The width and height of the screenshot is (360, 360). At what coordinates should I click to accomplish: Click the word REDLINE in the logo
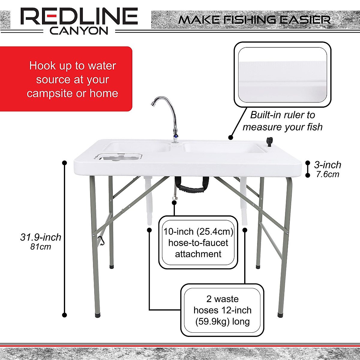click(79, 16)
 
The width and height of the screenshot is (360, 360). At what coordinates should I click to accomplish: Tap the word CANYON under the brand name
click(79, 31)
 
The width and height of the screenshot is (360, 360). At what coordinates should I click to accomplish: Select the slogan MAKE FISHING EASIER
click(254, 20)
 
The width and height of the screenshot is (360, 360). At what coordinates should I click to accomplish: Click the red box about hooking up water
click(66, 79)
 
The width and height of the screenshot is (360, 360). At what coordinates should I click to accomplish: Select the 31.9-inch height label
click(40, 237)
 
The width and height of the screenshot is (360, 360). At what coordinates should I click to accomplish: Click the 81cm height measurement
click(40, 247)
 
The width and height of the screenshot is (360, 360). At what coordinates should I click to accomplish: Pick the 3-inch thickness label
click(328, 165)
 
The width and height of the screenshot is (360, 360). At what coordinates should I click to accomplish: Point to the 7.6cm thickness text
click(328, 174)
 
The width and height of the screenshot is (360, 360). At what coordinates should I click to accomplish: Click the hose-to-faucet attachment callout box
click(198, 242)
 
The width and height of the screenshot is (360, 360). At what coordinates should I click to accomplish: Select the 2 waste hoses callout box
click(222, 310)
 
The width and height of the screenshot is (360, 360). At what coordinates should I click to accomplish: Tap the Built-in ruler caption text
click(282, 121)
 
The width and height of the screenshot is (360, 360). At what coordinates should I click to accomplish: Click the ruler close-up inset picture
click(282, 74)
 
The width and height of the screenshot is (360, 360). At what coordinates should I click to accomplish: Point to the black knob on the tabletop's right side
click(268, 141)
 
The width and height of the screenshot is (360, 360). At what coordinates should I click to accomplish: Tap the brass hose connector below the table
click(174, 199)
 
